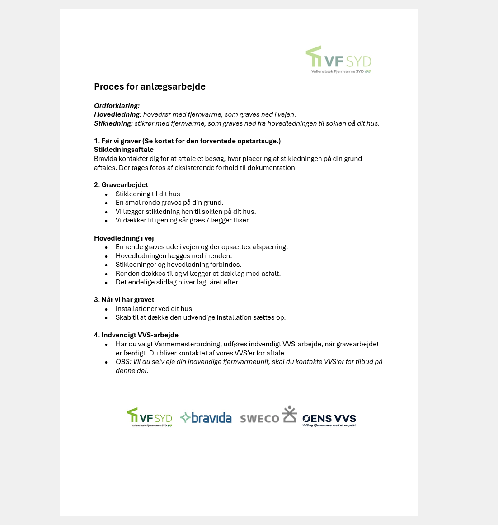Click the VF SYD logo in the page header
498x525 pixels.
click(x=339, y=59)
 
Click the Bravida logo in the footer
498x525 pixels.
click(x=206, y=418)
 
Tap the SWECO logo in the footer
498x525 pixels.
click(x=268, y=416)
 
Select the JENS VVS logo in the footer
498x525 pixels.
click(x=329, y=420)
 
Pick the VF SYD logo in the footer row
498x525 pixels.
click(x=150, y=417)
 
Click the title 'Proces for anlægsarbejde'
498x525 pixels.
click(x=150, y=86)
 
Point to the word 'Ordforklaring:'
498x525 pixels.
click(x=117, y=106)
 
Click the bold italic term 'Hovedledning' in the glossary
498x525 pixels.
click(x=117, y=114)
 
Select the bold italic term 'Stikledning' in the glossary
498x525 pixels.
click(x=113, y=123)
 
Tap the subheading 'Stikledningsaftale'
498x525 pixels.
click(x=124, y=150)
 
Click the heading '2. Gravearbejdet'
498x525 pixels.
click(x=121, y=185)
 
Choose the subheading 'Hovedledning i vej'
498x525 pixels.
click(x=124, y=238)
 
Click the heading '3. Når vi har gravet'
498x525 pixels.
click(x=124, y=300)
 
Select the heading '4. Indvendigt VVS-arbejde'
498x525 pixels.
click(x=136, y=335)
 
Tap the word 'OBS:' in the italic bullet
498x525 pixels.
click(x=123, y=362)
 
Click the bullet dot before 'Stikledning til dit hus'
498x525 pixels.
click(x=106, y=194)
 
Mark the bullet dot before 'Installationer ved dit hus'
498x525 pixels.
click(x=106, y=309)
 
